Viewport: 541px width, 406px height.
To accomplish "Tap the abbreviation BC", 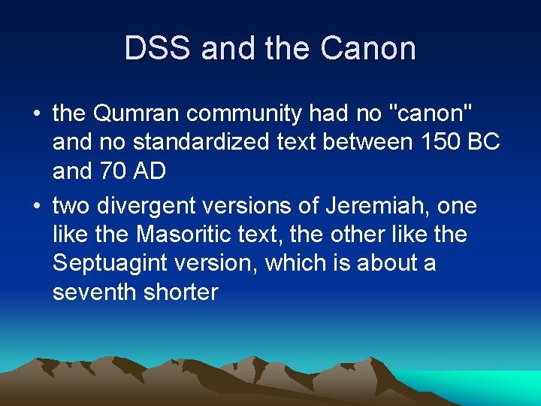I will click(x=483, y=143).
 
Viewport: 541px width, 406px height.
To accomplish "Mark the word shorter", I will click(x=180, y=292).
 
